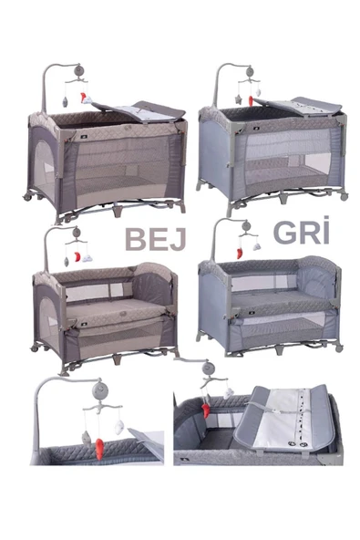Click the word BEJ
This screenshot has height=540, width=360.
[x=155, y=239]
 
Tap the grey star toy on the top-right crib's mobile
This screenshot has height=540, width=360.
[x=238, y=99]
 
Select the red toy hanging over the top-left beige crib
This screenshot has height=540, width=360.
[x=83, y=97]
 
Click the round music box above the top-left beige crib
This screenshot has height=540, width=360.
[x=78, y=71]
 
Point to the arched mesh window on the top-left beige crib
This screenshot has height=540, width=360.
[x=45, y=169]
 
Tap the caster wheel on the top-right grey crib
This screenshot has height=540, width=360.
[x=344, y=197]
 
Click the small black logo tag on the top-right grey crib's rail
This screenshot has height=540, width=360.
[x=257, y=128]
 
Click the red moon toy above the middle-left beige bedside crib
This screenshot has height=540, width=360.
[x=77, y=257]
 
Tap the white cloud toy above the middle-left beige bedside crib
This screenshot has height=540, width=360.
[x=87, y=257]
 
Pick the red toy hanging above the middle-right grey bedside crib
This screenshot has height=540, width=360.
[x=239, y=253]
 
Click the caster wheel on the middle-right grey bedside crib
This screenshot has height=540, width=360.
[x=339, y=348]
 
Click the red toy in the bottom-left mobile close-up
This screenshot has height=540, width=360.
[x=100, y=449]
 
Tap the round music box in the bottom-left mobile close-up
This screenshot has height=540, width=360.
[x=100, y=390]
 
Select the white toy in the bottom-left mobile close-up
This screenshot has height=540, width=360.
[x=119, y=428]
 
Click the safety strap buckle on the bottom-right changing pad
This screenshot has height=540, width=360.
[x=274, y=412]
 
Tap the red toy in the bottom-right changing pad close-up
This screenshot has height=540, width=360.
[x=206, y=410]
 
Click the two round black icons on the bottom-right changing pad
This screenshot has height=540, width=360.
[x=297, y=444]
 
